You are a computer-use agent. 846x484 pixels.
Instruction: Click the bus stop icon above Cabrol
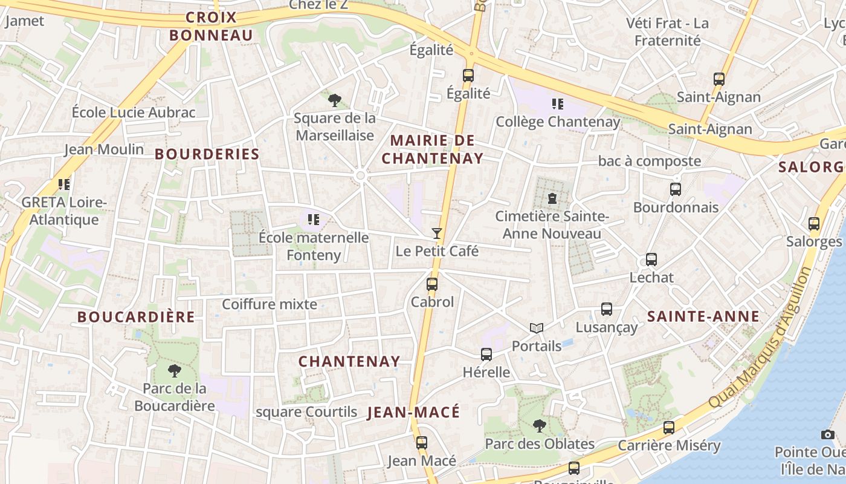[x=431, y=284]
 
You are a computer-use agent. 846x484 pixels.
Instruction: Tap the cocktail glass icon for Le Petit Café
[x=437, y=233]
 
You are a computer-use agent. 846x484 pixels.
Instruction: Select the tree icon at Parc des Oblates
[x=539, y=425]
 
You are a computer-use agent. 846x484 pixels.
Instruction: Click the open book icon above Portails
[x=536, y=328]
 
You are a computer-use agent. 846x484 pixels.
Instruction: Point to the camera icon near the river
[x=827, y=434]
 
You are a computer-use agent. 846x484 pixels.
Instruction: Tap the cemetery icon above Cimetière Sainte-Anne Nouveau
[x=551, y=198]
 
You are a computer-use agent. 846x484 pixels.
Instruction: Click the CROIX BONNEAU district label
[x=211, y=26]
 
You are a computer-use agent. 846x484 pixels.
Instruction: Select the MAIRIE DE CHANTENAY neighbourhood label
[x=436, y=149]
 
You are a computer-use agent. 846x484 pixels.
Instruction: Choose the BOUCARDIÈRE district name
[x=136, y=317]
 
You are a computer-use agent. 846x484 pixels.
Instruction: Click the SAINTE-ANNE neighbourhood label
[x=703, y=316]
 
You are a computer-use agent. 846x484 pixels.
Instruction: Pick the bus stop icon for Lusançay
[x=607, y=309]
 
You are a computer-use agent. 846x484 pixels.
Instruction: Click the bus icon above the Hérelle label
[x=486, y=355]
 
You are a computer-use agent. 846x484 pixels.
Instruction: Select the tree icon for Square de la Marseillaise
[x=334, y=100]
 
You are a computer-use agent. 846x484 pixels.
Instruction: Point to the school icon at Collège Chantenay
[x=558, y=104]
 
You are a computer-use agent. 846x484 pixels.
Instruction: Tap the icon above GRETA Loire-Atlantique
[x=63, y=184]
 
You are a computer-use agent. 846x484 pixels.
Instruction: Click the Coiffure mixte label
[x=270, y=304]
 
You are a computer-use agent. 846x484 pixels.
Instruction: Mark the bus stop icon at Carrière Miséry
[x=668, y=428]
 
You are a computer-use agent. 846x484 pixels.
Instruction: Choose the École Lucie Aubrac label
[x=134, y=113]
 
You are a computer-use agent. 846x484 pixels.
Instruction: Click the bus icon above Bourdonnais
[x=676, y=189]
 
